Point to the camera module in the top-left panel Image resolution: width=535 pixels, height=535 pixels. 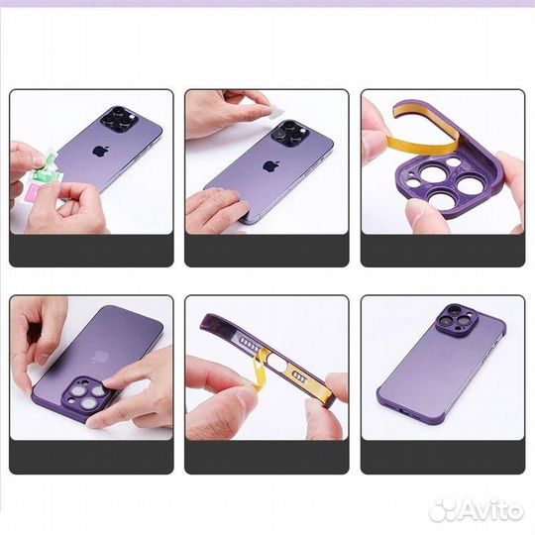[x=129, y=121]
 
